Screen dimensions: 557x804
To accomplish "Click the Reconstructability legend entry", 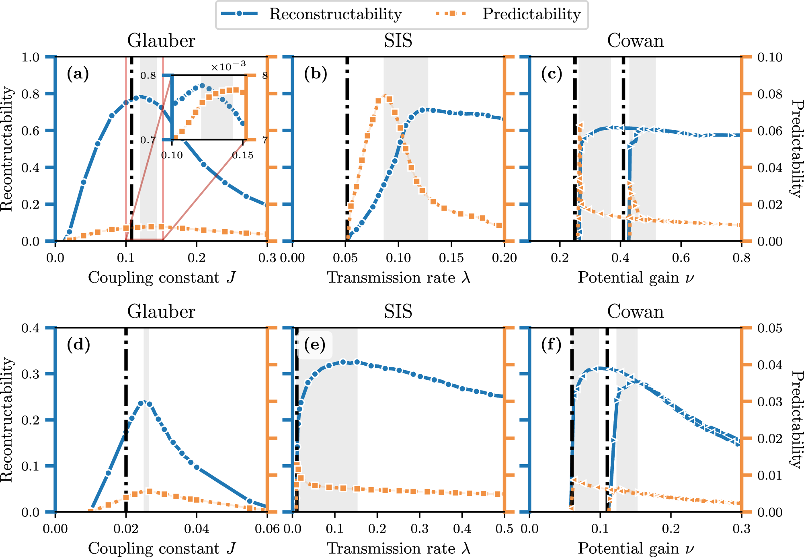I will click(335, 14).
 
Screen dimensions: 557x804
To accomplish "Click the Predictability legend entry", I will click(531, 14).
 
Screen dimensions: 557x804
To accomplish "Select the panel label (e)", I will click(315, 344).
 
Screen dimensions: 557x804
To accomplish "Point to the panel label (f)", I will click(551, 344).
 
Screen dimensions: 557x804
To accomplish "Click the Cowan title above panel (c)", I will click(635, 41).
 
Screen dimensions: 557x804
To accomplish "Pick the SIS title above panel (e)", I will click(398, 312).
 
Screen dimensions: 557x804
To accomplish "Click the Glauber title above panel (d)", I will click(161, 312).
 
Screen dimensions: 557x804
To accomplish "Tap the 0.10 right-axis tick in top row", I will click(769, 57).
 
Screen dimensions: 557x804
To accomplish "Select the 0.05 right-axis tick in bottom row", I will click(769, 328).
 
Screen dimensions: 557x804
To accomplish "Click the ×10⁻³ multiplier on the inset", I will click(228, 66).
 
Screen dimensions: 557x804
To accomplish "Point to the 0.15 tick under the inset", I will click(243, 155).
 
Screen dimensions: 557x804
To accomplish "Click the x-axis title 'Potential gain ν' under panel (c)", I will click(636, 278).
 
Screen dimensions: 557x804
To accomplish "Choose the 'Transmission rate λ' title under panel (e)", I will click(398, 549).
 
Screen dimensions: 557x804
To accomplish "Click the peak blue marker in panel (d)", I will click(142, 403).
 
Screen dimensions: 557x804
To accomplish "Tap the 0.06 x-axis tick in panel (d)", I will click(267, 528).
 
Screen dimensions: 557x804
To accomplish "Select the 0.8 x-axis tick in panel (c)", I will click(741, 258).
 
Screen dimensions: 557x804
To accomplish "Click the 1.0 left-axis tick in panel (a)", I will click(30, 57).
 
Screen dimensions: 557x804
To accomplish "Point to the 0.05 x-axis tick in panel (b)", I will click(345, 258).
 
